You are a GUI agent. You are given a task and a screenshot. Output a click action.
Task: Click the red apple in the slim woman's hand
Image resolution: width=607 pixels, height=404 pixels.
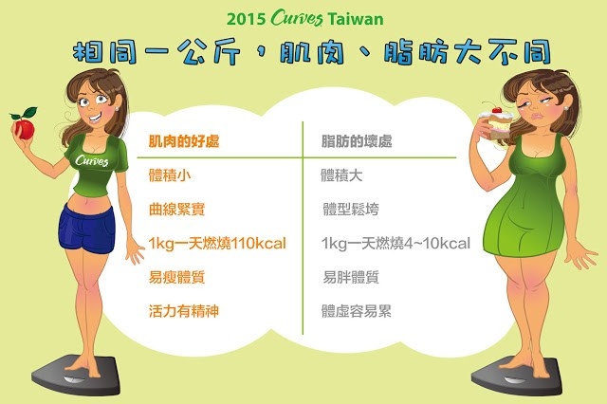(x=25, y=129)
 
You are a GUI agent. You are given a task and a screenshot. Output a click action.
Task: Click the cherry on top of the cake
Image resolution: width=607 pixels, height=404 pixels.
(x=497, y=109)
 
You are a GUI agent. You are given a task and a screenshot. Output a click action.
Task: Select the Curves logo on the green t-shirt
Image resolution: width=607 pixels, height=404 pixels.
(x=92, y=160)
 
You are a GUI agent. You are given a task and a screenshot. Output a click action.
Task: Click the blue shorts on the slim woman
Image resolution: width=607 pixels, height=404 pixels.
(x=87, y=230)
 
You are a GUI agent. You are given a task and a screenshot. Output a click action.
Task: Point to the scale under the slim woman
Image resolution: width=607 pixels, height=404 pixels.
(x=76, y=375)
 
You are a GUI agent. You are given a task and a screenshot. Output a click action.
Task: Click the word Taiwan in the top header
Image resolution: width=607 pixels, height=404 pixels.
(x=356, y=19)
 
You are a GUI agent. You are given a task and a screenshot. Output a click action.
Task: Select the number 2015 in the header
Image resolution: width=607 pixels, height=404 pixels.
(x=247, y=19)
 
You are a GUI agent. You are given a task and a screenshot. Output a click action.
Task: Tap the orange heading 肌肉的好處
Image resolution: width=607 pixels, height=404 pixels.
(x=184, y=141)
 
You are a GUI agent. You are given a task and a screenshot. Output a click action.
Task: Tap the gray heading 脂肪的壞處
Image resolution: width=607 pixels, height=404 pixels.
(x=357, y=141)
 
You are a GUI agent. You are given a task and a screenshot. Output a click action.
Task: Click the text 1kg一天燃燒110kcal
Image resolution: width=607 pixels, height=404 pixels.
(x=217, y=244)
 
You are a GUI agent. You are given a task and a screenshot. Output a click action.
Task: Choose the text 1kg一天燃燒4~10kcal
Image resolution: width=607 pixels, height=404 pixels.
(x=395, y=244)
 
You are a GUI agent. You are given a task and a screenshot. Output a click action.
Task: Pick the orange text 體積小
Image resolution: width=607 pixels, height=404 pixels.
(x=170, y=175)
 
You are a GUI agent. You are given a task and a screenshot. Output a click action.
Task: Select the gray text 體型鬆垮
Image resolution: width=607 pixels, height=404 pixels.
(x=351, y=210)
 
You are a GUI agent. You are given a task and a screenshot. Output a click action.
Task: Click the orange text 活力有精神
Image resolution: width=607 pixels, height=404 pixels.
(x=184, y=311)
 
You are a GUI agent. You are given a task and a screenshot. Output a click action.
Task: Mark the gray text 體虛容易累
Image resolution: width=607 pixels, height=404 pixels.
(x=357, y=311)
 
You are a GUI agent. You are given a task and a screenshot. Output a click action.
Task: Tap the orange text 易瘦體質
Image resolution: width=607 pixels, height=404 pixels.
(x=177, y=277)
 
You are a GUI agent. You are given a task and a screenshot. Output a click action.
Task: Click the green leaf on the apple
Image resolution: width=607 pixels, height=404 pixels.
(x=30, y=113)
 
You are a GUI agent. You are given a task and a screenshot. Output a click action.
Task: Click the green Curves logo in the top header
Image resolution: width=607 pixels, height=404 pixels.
(x=297, y=18)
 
